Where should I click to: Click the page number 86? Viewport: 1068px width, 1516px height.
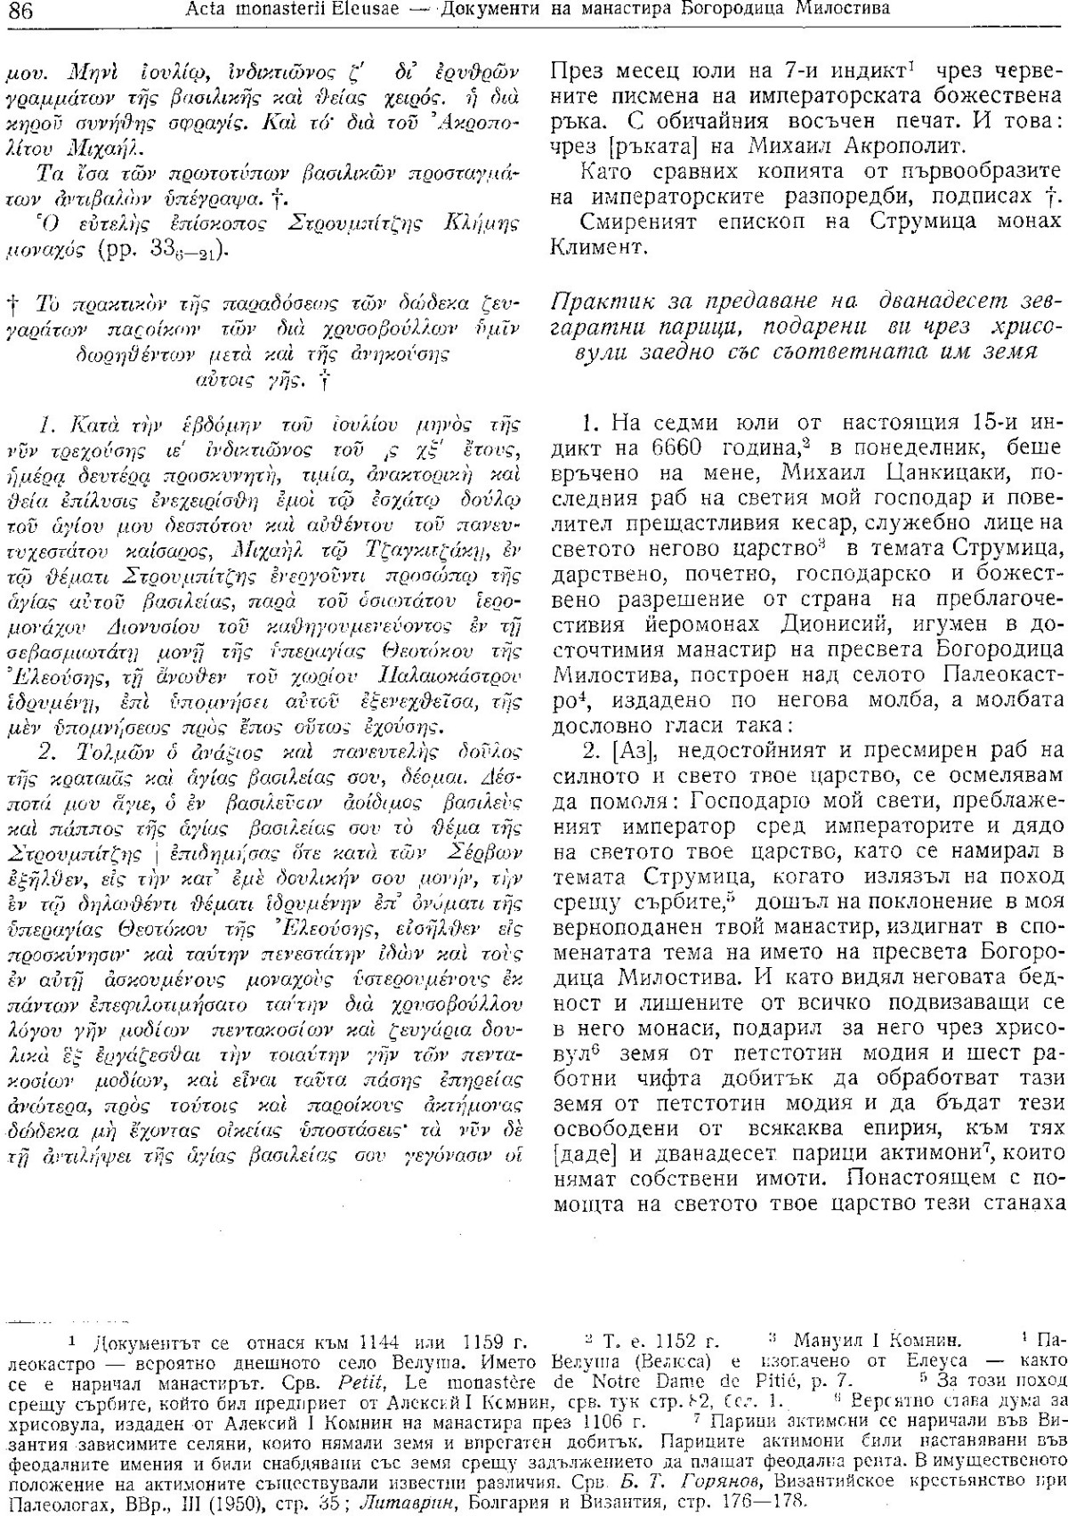[x=19, y=11]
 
